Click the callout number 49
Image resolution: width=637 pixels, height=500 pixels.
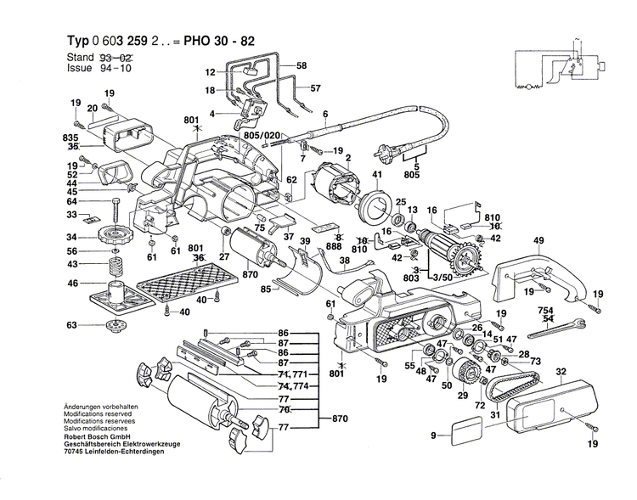coord(538,239)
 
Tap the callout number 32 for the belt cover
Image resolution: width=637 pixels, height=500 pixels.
coord(561,372)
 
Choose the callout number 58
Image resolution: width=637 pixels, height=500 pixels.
coord(302,65)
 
